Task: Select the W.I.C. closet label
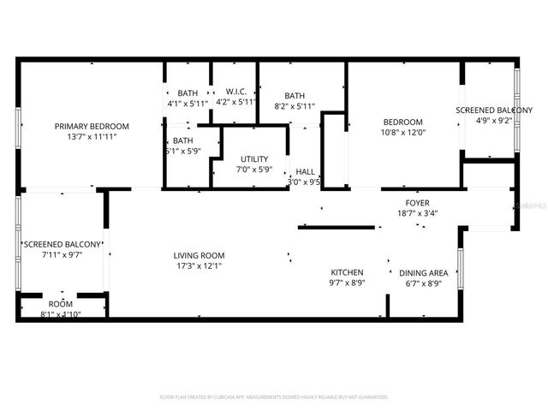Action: click(x=236, y=92)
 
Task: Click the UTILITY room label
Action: click(x=254, y=158)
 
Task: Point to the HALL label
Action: click(x=304, y=170)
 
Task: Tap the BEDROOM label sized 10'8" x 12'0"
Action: click(x=402, y=122)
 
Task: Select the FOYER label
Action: click(x=418, y=203)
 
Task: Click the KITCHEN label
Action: click(x=347, y=272)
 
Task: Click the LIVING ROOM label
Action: click(x=199, y=254)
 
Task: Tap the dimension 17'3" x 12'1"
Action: click(x=199, y=265)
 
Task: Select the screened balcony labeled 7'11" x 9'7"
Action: click(x=63, y=244)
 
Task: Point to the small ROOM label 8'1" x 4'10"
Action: click(x=61, y=303)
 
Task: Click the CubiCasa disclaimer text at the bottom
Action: click(x=274, y=397)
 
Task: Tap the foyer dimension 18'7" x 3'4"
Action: click(x=418, y=213)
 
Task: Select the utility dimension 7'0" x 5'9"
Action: click(x=254, y=170)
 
